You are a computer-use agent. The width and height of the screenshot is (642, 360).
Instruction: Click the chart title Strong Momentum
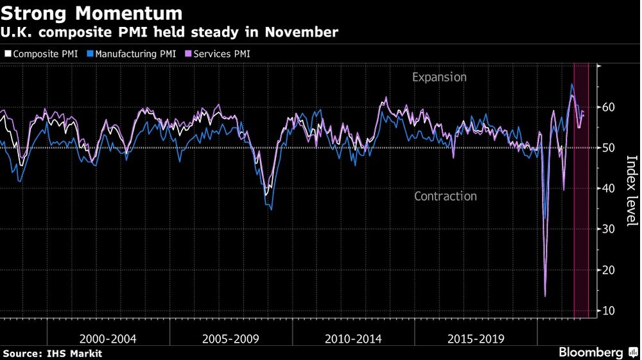pos(92,13)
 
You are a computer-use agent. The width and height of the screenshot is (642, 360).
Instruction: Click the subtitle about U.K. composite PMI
pos(170,32)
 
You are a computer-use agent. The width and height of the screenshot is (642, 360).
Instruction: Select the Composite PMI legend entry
pos(42,54)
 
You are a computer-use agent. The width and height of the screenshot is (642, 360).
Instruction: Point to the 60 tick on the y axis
pos(609,107)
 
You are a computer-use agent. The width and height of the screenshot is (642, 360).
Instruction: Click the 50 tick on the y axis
pos(609,148)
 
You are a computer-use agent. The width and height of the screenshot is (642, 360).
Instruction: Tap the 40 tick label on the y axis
pos(609,189)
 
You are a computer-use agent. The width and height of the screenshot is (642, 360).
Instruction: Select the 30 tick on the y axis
pos(609,229)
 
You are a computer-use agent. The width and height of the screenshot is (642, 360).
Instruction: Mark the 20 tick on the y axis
pos(609,270)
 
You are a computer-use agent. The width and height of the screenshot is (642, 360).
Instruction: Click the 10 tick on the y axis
pos(609,311)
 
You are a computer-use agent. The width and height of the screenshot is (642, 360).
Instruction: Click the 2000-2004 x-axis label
pos(108,338)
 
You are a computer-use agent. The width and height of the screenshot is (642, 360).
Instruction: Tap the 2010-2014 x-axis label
pos(353,338)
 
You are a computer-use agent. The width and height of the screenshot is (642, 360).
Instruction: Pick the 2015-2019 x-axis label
pos(476,338)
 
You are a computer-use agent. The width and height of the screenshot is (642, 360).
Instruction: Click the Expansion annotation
pos(439,78)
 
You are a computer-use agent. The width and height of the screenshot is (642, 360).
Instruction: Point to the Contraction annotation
pos(446,196)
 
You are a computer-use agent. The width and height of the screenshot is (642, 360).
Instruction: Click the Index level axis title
pos(631,191)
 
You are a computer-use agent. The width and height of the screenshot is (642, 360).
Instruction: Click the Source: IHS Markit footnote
pos(53,354)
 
